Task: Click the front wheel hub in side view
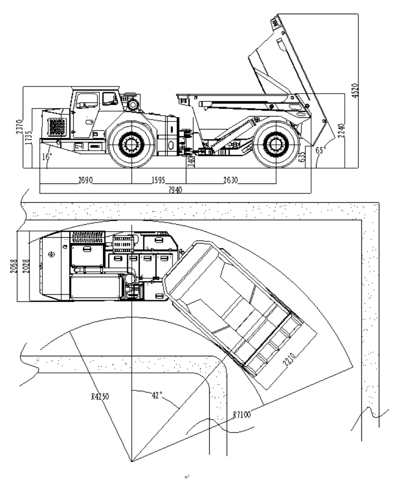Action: pos(131,144)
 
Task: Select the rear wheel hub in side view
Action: pos(275,144)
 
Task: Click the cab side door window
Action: pos(87,101)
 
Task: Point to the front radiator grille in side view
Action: pos(57,127)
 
